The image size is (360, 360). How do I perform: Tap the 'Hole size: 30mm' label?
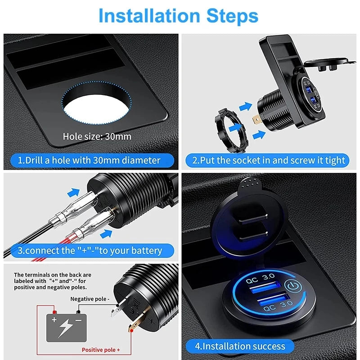(x=97, y=136)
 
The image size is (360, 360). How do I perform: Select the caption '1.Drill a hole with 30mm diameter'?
(x=89, y=160)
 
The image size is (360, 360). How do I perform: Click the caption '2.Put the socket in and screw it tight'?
(x=269, y=160)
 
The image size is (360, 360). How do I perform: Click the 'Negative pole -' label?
(x=90, y=298)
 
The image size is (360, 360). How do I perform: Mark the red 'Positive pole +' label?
(x=101, y=349)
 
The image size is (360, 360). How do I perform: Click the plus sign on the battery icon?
(x=54, y=319)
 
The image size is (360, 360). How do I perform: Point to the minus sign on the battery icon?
(x=78, y=319)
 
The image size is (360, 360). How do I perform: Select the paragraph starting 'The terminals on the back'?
(x=53, y=281)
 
